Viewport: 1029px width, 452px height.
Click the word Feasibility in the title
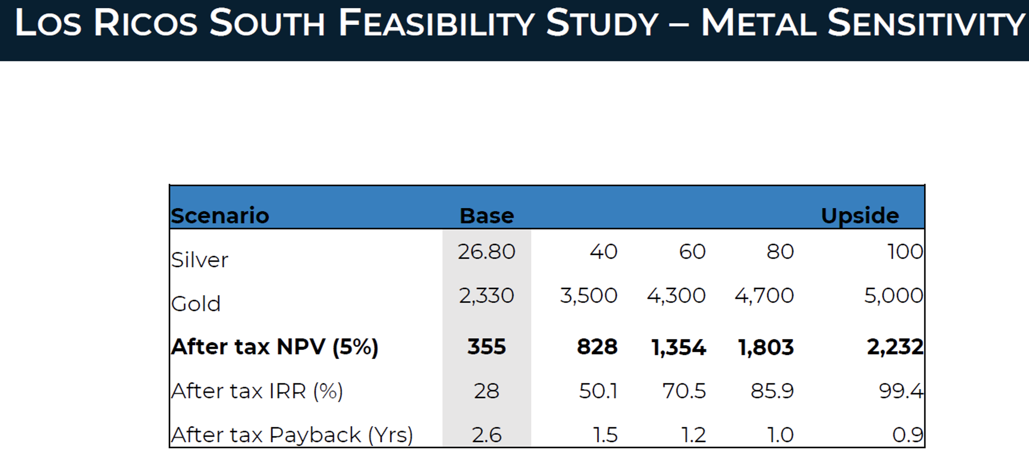coord(436,23)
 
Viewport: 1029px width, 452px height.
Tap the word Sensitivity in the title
coord(927,23)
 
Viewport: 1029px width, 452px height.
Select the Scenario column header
coord(220,216)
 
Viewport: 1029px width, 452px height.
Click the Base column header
coord(486,216)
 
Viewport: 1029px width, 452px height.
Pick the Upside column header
coord(860,216)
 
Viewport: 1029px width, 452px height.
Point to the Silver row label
coord(200,260)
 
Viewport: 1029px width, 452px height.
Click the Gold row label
coord(196,304)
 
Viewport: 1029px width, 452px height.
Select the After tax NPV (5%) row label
coord(275,347)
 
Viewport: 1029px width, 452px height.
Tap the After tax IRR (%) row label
coord(257,391)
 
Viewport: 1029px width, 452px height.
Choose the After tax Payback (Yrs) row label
coord(292,435)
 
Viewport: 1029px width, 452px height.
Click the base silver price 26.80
coord(486,252)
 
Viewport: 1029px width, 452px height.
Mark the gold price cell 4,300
coord(676,296)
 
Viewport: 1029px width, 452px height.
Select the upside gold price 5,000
coord(893,296)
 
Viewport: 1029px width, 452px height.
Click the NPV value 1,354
coord(679,347)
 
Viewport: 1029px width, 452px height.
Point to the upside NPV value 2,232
coord(895,347)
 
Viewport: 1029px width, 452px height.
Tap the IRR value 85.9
coord(772,391)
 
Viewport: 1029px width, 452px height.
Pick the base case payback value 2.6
coord(486,435)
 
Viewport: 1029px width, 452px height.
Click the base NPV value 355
coord(486,347)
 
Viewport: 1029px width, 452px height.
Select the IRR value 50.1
coord(598,391)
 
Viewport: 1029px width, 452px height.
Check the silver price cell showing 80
coord(780,252)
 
